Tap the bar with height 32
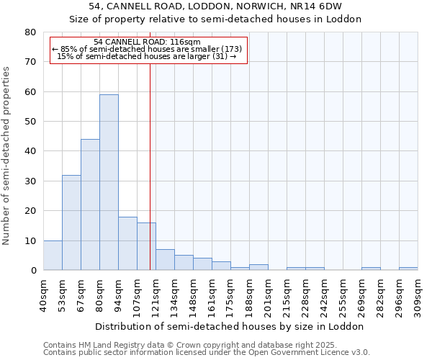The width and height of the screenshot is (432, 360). (71, 222)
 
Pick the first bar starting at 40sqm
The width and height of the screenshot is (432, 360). (53, 256)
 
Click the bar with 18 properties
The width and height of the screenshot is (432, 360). (127, 243)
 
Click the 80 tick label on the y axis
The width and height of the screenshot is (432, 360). (31, 32)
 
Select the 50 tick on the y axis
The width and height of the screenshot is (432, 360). (31, 122)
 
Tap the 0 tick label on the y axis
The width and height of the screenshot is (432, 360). (34, 271)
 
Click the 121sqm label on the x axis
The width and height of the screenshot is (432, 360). (156, 295)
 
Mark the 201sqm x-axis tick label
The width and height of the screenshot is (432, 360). (269, 295)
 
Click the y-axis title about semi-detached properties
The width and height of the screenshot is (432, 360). (7, 156)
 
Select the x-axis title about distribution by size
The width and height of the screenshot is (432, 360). (230, 326)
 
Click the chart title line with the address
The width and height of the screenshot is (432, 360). (215, 7)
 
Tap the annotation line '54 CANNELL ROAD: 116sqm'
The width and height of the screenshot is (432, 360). (148, 42)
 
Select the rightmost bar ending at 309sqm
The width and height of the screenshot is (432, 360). (408, 269)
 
